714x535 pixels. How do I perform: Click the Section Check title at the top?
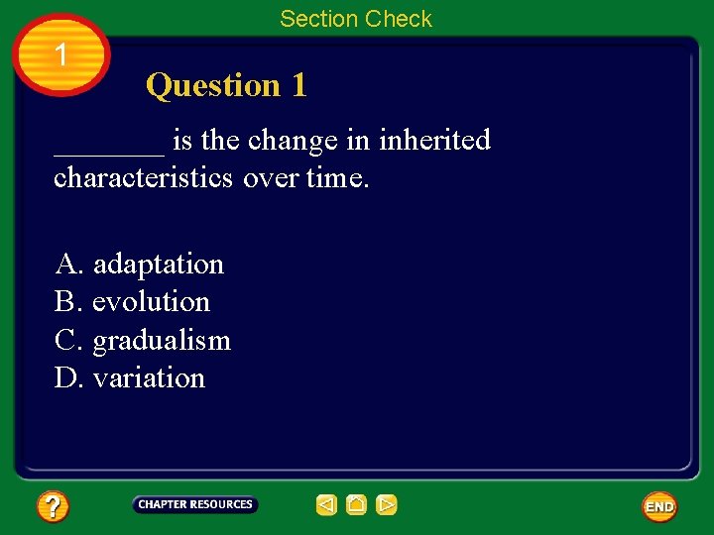[355, 19]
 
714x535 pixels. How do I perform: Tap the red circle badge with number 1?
[61, 55]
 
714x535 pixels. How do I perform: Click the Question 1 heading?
[226, 85]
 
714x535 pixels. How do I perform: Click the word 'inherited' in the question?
[434, 141]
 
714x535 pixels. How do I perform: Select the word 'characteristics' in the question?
[144, 178]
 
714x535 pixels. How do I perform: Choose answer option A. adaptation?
[140, 264]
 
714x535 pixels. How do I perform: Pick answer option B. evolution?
[133, 301]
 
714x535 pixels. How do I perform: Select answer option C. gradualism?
[143, 340]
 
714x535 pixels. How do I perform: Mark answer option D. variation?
[130, 377]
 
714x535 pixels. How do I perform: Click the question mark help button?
[53, 507]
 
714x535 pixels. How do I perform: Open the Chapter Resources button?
[195, 505]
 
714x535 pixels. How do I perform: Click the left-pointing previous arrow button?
[326, 505]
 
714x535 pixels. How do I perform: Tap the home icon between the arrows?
[357, 505]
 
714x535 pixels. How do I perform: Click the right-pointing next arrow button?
[387, 505]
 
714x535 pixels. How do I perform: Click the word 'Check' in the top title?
[399, 19]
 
